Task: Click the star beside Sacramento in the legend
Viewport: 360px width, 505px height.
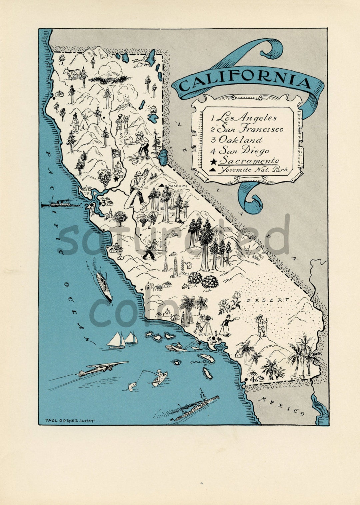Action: click(x=214, y=162)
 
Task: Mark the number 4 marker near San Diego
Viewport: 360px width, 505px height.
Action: click(x=252, y=379)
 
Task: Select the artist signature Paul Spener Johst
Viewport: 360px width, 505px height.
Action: click(x=70, y=421)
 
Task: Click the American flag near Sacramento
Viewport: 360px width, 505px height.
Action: click(x=116, y=154)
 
